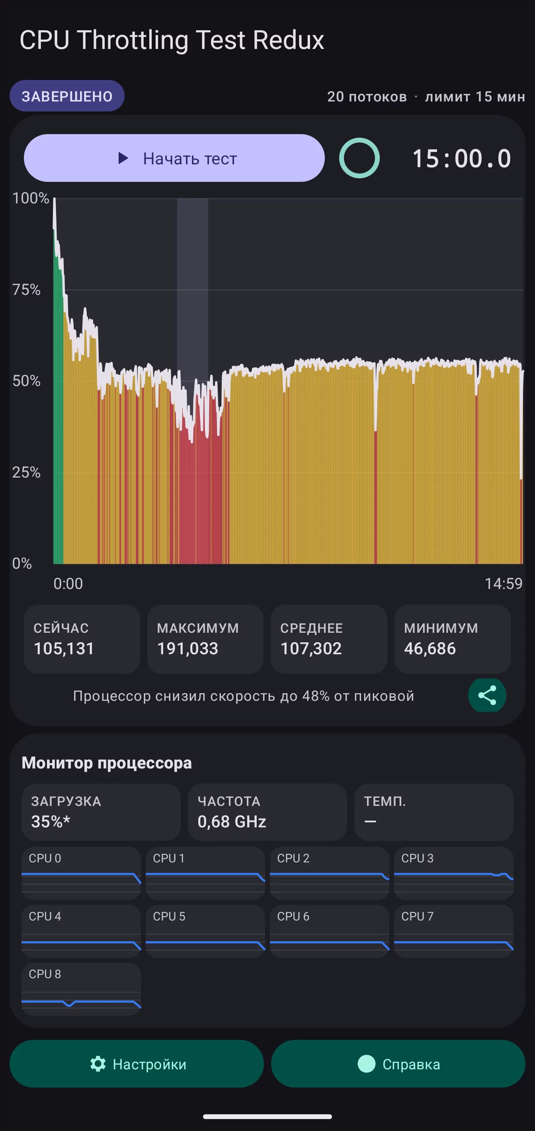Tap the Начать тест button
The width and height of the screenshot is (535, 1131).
coord(174,158)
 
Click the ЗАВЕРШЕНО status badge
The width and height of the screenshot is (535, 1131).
coord(67,96)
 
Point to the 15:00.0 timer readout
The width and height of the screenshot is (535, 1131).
coord(462,158)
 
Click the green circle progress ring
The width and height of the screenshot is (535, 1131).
coord(359,158)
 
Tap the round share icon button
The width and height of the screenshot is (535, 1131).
coord(487,696)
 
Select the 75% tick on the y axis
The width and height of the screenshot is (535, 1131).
coord(26,289)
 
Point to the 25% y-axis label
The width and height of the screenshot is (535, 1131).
coord(26,472)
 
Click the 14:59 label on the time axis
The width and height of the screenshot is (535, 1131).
coord(504,583)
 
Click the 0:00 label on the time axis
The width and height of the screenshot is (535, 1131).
coord(68,583)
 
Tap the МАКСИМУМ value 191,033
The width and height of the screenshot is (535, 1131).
coord(187,649)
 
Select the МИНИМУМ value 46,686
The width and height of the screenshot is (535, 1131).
coord(430,649)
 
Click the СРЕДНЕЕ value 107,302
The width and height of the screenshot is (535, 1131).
coord(311,649)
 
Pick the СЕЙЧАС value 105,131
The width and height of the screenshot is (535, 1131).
coord(64,649)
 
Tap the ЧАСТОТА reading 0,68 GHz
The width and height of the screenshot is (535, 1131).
coord(232,821)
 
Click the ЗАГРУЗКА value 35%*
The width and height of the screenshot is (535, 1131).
coord(51,821)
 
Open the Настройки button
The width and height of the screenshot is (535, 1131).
coord(137,1064)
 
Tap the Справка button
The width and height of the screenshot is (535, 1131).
coord(398,1064)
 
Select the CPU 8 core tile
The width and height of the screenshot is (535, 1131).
coord(81,989)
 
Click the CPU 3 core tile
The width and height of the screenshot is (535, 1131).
coord(454,873)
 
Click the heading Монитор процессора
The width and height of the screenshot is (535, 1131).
coord(107,762)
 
